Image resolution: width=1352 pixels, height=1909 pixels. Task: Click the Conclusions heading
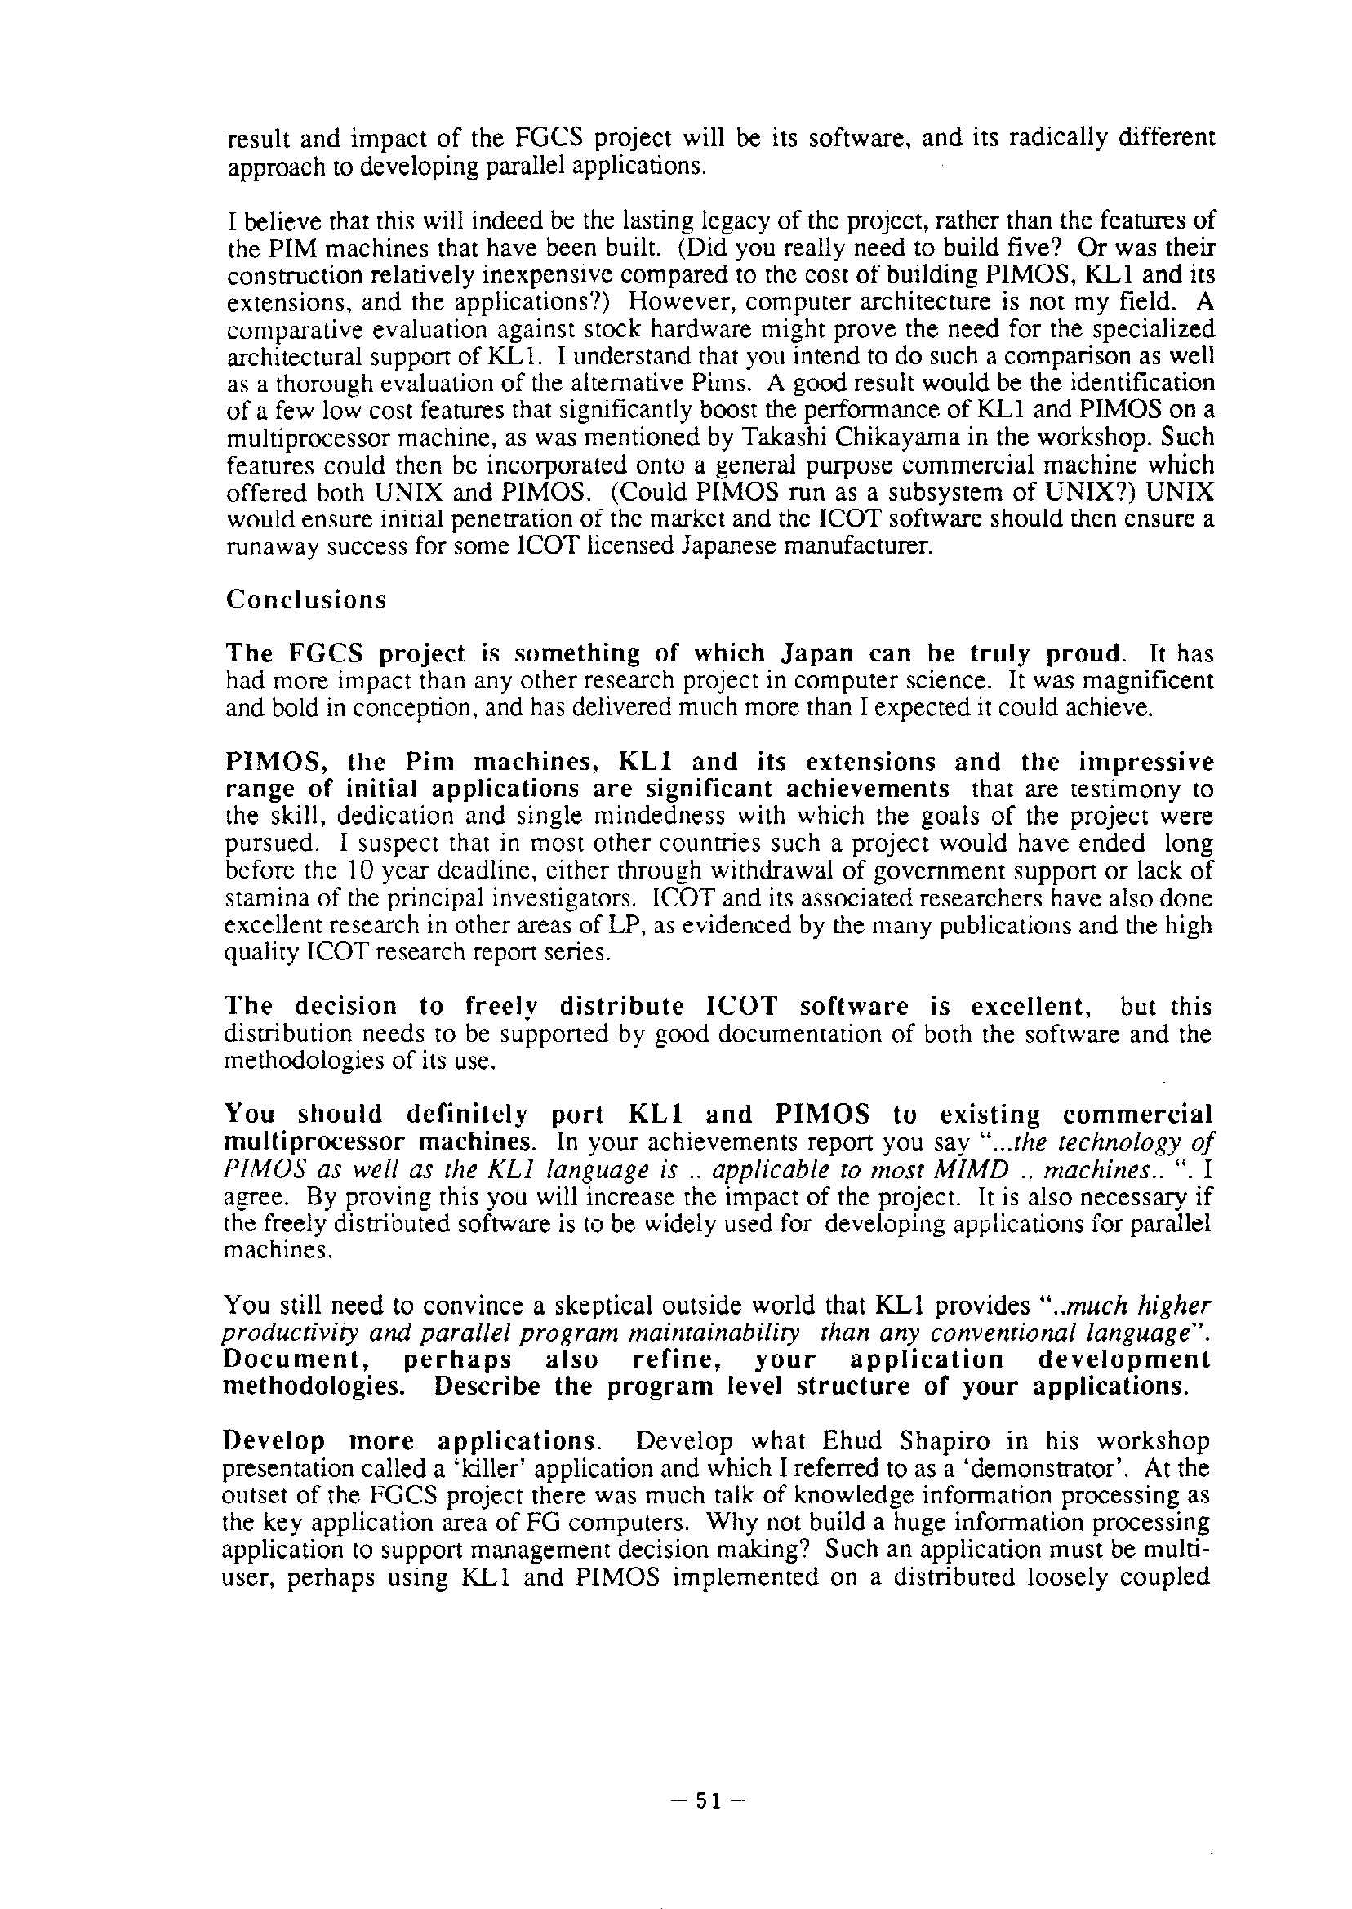click(x=306, y=600)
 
